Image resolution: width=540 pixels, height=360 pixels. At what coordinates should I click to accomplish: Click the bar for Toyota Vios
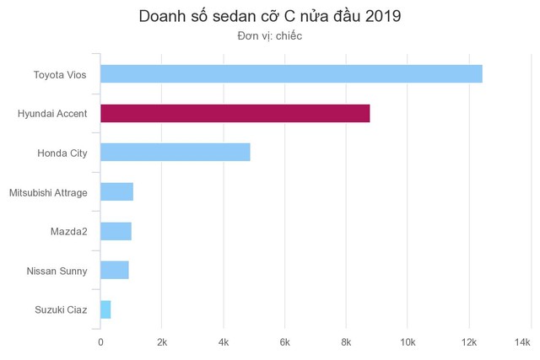tap(291, 74)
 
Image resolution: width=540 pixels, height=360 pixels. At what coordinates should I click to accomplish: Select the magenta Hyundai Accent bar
tap(235, 113)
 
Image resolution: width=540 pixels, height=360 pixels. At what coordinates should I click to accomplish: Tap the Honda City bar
tap(175, 153)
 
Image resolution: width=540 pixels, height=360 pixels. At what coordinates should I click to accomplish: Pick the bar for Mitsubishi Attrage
tap(116, 192)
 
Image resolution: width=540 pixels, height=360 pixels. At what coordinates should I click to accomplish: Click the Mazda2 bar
tap(116, 231)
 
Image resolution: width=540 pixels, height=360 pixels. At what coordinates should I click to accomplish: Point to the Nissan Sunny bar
tap(114, 270)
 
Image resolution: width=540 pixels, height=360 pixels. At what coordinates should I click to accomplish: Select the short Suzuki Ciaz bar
tap(105, 309)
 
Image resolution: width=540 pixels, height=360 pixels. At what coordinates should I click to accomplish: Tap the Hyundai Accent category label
tap(52, 114)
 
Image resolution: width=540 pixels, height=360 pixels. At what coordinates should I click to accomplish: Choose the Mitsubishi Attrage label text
tap(48, 192)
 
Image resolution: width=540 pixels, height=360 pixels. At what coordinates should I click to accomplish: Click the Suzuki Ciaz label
tap(62, 309)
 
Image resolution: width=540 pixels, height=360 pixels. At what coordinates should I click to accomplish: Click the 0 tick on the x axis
tap(100, 341)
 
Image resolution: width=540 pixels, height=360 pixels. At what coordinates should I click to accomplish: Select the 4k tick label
tap(223, 341)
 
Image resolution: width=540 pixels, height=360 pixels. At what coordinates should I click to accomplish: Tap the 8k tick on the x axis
tap(346, 341)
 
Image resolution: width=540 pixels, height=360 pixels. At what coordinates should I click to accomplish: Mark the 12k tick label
tap(468, 341)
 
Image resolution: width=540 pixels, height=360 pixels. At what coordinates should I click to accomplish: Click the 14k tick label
tap(522, 341)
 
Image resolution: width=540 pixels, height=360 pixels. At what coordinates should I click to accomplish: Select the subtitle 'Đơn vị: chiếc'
tap(270, 36)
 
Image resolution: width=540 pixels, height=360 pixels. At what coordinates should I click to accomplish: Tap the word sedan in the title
tap(221, 17)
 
